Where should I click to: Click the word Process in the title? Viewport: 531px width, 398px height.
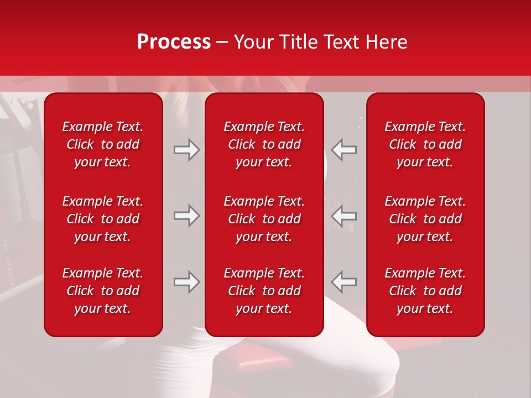174,42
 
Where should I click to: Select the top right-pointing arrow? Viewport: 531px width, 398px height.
186,150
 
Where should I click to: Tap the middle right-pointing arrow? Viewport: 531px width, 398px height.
186,216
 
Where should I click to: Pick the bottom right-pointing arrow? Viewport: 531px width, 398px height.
186,282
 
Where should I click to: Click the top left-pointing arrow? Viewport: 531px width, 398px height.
343,150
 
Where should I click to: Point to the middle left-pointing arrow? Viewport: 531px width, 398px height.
343,216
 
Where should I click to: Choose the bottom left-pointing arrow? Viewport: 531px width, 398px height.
343,282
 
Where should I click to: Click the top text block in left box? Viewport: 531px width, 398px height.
103,144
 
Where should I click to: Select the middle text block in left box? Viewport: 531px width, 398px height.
103,219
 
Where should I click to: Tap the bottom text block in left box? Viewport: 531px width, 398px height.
103,291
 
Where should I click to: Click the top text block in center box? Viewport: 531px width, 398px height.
264,144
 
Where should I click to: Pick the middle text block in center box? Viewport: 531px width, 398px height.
264,219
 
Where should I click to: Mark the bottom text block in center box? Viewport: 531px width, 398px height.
264,291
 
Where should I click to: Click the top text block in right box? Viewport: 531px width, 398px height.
425,144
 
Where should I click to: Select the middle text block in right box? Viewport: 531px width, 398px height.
425,219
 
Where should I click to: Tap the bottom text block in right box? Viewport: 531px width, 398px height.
425,291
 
